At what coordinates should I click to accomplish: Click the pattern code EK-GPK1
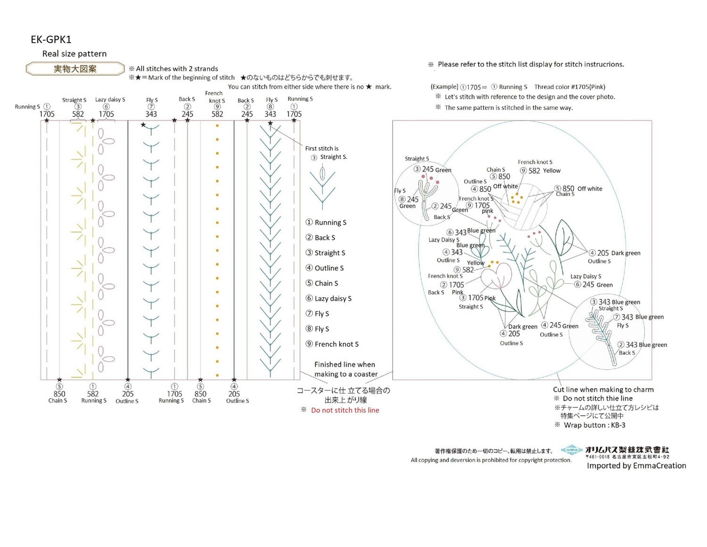pos(51,40)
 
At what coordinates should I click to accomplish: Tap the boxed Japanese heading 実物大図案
pos(75,69)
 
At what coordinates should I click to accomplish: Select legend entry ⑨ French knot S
pos(332,344)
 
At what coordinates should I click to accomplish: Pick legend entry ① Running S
pos(326,222)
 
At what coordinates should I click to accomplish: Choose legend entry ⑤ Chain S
pos(322,283)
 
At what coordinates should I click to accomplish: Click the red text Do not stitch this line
pos(345,410)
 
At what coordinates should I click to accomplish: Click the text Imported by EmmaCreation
pos(636,466)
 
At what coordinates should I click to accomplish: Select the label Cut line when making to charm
pos(603,390)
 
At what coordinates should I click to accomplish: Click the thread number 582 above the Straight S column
pos(78,114)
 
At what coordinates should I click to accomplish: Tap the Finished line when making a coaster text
pos(345,369)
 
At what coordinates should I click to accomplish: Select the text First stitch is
pos(321,148)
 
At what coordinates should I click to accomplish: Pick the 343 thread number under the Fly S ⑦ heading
pos(151,114)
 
